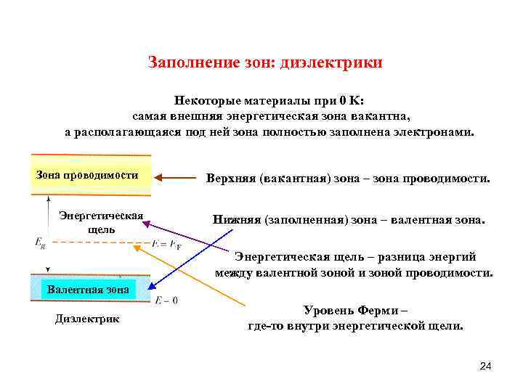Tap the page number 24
[x=486, y=367]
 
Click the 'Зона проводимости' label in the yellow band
[x=87, y=175]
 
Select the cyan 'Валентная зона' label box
[x=88, y=289]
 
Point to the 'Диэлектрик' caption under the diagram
[x=88, y=319]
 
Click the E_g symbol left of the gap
[x=41, y=243]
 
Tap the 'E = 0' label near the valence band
[x=166, y=300]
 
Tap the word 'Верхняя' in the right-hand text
[x=230, y=178]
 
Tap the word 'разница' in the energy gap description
[x=398, y=256]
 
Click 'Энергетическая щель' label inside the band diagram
[x=101, y=221]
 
